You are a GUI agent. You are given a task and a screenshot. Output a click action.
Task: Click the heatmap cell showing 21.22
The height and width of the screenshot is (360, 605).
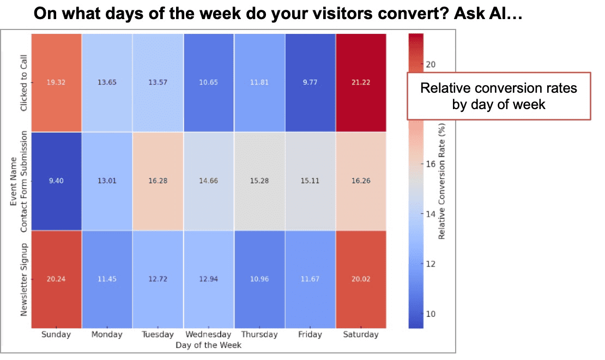coord(360,82)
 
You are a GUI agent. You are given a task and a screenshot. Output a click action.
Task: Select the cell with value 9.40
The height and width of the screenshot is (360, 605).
coord(56,181)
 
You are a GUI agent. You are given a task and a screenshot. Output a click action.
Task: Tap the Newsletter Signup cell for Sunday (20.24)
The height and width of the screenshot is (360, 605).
coord(56,279)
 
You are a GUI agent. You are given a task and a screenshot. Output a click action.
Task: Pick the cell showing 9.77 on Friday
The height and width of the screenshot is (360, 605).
coord(310,82)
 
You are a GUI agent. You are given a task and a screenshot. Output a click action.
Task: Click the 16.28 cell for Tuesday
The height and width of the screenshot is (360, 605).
coord(158,181)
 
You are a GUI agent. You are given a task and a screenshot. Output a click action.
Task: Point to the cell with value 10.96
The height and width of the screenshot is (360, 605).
coord(259,279)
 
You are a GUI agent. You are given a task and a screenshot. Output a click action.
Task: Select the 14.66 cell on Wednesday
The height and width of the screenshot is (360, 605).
coord(208,181)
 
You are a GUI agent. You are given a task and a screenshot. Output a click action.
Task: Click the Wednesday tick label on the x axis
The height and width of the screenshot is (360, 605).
coord(208,334)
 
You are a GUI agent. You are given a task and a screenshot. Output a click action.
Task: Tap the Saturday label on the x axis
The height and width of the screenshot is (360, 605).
coord(360,334)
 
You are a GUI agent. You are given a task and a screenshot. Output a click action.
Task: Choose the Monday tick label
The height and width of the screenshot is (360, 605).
coord(107,334)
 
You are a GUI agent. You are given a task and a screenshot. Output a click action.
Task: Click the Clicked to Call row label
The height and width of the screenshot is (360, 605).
coord(23,82)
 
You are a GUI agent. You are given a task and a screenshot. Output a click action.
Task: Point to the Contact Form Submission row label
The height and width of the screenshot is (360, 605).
coord(23,181)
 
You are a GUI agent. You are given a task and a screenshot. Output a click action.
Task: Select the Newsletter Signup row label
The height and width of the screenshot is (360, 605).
coord(23,279)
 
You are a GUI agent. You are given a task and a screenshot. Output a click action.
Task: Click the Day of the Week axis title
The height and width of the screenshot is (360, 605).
coord(208,345)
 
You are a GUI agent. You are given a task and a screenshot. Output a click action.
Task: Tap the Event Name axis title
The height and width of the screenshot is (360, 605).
coord(13,181)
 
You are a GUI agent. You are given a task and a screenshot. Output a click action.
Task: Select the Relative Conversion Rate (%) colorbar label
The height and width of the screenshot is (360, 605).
coord(442,180)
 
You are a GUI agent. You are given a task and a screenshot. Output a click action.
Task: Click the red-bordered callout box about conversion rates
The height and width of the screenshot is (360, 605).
coord(499,95)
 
